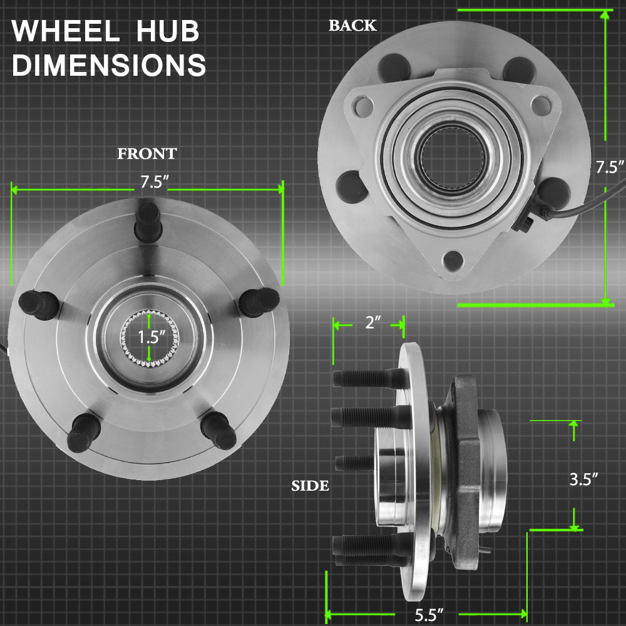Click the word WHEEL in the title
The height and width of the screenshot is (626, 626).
pos(66,31)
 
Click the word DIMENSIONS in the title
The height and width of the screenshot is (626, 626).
pos(109,64)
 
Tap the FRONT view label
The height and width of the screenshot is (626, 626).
pos(147,154)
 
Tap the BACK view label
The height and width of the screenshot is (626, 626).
pos(352,26)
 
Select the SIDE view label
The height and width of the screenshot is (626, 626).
pos(310,486)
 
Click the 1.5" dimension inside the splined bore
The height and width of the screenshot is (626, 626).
pos(151,337)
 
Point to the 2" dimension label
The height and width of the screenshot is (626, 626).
pos(373,322)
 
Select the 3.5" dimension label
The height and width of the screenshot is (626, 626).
pos(583,479)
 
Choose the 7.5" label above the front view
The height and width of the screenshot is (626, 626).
pos(155,182)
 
